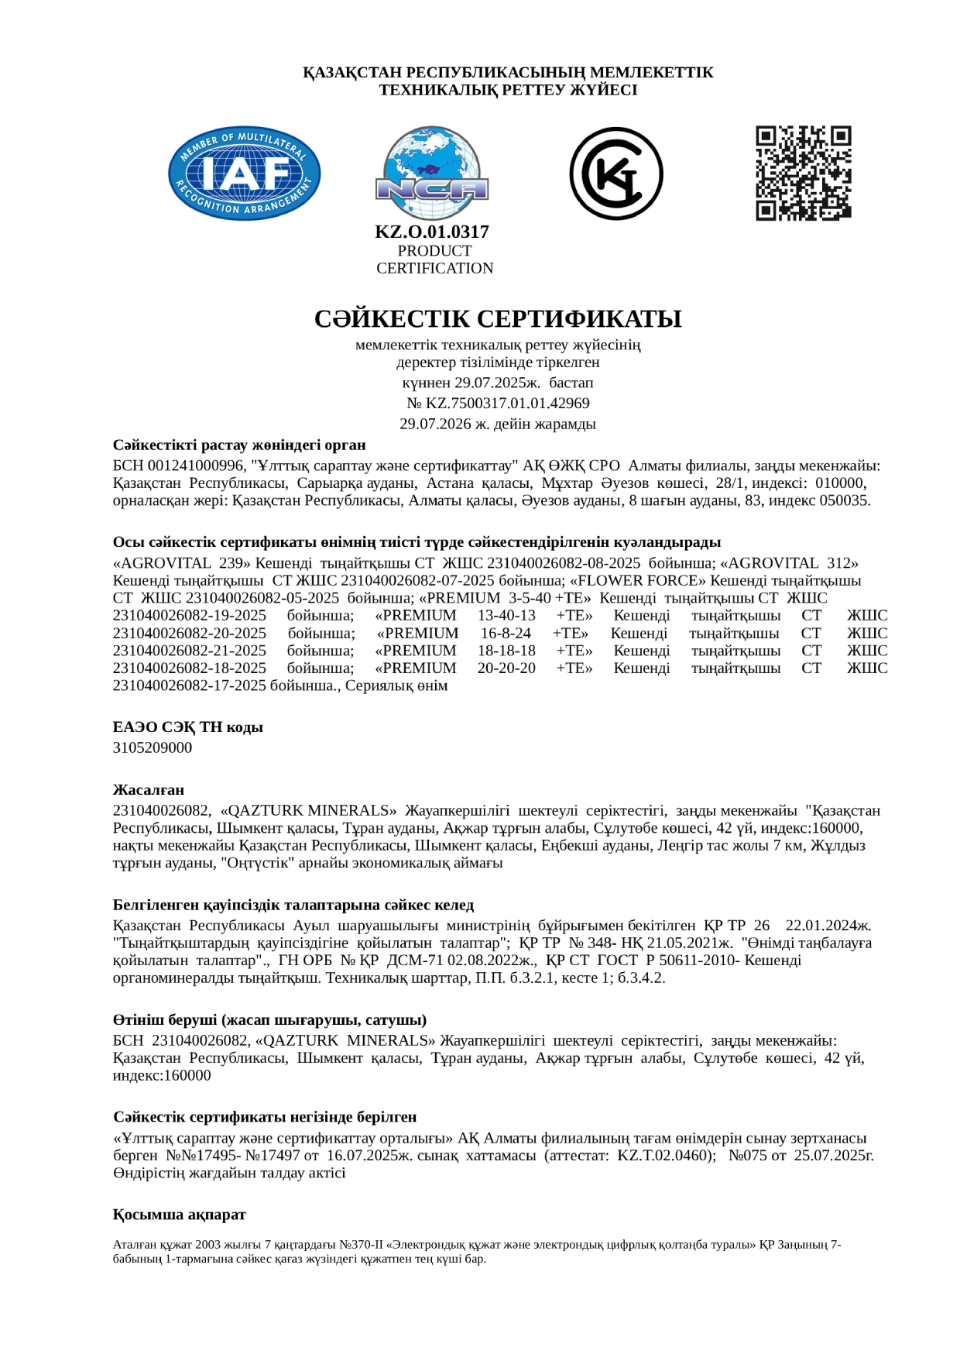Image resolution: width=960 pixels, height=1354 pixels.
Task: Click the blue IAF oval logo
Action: [245, 173]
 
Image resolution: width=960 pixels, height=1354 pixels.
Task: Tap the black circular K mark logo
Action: [616, 174]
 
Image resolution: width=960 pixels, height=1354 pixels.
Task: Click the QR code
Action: [803, 173]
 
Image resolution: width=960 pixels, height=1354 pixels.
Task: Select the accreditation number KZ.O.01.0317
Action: [432, 232]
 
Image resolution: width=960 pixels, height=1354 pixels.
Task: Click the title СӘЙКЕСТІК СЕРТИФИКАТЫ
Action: [498, 319]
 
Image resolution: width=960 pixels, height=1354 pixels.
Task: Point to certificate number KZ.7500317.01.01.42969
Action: [506, 404]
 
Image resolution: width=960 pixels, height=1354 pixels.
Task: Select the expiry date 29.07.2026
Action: [431, 424]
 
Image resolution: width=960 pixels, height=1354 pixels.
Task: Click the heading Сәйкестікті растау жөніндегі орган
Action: [239, 445]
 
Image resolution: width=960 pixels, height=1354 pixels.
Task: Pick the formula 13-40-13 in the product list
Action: [506, 616]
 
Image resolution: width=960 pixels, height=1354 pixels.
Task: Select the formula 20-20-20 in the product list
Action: [506, 668]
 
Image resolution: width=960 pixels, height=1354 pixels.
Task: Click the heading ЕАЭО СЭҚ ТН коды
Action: [188, 727]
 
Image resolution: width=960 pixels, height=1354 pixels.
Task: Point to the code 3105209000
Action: [153, 748]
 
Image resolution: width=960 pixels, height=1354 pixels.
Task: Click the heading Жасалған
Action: [149, 790]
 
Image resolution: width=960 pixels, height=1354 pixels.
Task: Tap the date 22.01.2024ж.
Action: [828, 926]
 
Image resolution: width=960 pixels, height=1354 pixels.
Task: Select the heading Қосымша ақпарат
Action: [180, 1215]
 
